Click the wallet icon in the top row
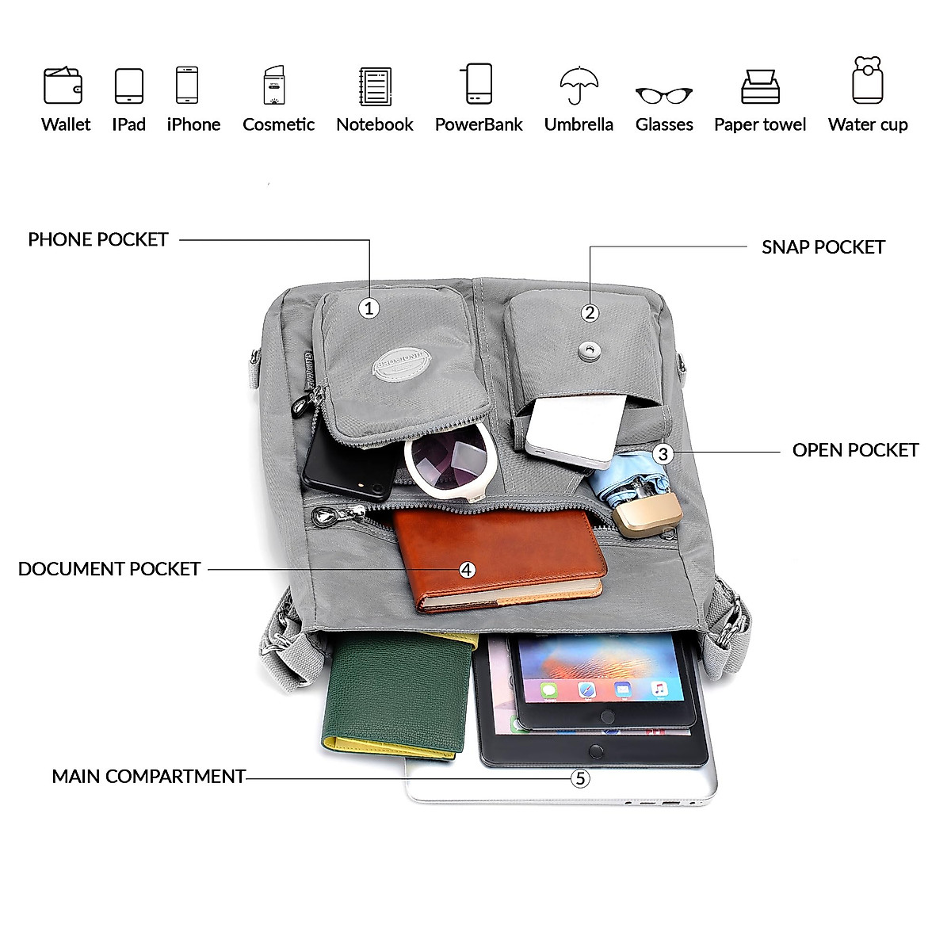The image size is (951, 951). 63,85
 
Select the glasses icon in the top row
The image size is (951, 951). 663,95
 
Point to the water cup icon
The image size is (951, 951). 868,80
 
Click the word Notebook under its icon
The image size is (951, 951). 374,124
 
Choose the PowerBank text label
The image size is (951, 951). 479,124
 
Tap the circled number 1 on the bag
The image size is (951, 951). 369,308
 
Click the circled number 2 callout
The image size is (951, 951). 590,312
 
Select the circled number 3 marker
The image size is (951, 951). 663,454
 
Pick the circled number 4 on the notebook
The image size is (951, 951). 468,570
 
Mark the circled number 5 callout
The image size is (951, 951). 581,778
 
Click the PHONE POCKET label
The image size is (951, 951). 98,239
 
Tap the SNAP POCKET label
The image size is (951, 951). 823,247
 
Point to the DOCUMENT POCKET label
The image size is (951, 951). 109,569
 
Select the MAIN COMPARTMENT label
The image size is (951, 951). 148,777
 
